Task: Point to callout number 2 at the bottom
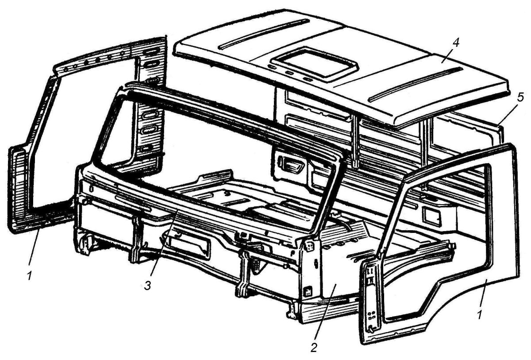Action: point(314,348)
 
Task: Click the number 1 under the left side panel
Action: point(30,276)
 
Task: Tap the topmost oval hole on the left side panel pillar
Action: point(151,51)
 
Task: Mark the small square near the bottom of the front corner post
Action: point(308,292)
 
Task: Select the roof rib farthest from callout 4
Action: point(264,34)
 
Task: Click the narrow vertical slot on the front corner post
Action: point(316,264)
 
